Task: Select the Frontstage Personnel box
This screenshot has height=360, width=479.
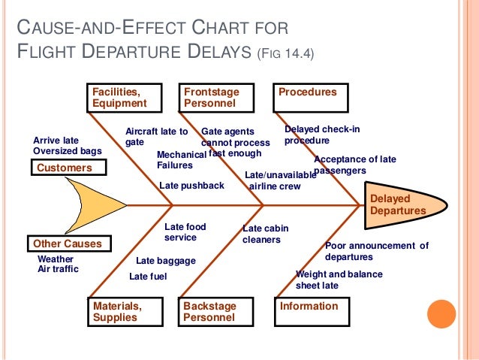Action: tap(217, 97)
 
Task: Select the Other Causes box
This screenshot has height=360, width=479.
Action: tap(67, 244)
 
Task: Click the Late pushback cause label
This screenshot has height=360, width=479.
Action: tap(191, 186)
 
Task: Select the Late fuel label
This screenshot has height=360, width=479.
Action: tap(148, 277)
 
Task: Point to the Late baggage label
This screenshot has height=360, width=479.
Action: tap(166, 261)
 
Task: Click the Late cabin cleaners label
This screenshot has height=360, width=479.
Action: tap(265, 234)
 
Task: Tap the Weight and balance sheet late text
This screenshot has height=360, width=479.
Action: tap(339, 280)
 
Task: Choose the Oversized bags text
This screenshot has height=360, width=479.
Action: tap(68, 151)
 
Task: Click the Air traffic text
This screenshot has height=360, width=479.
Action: tap(58, 268)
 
